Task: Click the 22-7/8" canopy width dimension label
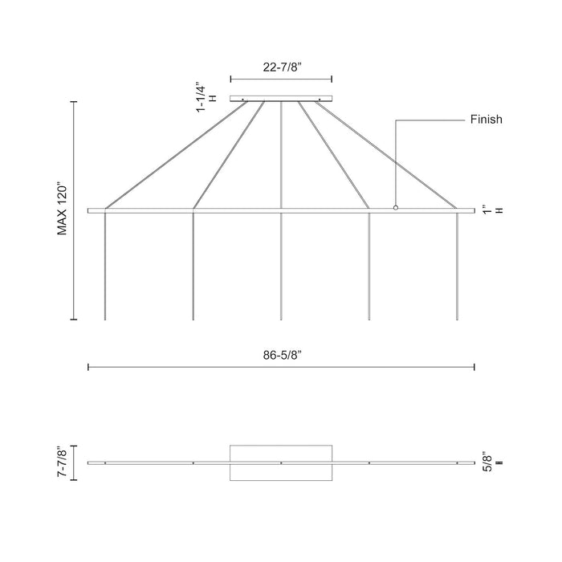point(281,67)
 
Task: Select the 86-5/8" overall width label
point(281,354)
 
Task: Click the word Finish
point(486,120)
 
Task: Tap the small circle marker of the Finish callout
point(395,208)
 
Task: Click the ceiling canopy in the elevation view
point(281,99)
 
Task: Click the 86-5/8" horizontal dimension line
point(281,368)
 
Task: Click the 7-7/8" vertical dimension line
point(75,462)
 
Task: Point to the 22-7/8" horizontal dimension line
point(281,79)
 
